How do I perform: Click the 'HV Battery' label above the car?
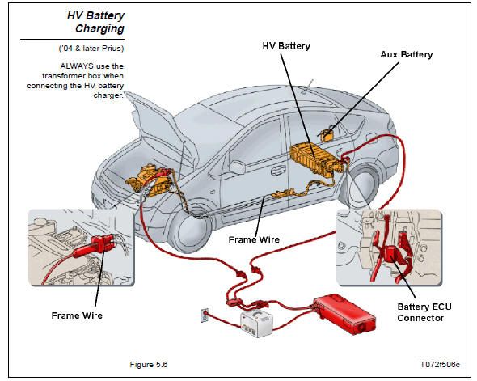coord(286,46)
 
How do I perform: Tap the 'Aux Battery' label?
coord(407,55)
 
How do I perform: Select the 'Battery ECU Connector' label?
coord(424,312)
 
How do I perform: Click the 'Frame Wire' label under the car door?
coord(254,239)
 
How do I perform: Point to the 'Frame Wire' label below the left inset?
coord(77,315)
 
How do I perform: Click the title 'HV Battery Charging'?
coord(96,22)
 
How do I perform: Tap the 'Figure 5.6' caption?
coord(149,365)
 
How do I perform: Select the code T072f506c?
coord(440,365)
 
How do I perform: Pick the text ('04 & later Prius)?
coord(91,49)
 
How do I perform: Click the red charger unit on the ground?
coord(344,314)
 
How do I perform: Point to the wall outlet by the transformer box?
coord(205,315)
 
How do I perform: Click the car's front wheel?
coord(190,231)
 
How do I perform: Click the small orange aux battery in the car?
coord(327,134)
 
